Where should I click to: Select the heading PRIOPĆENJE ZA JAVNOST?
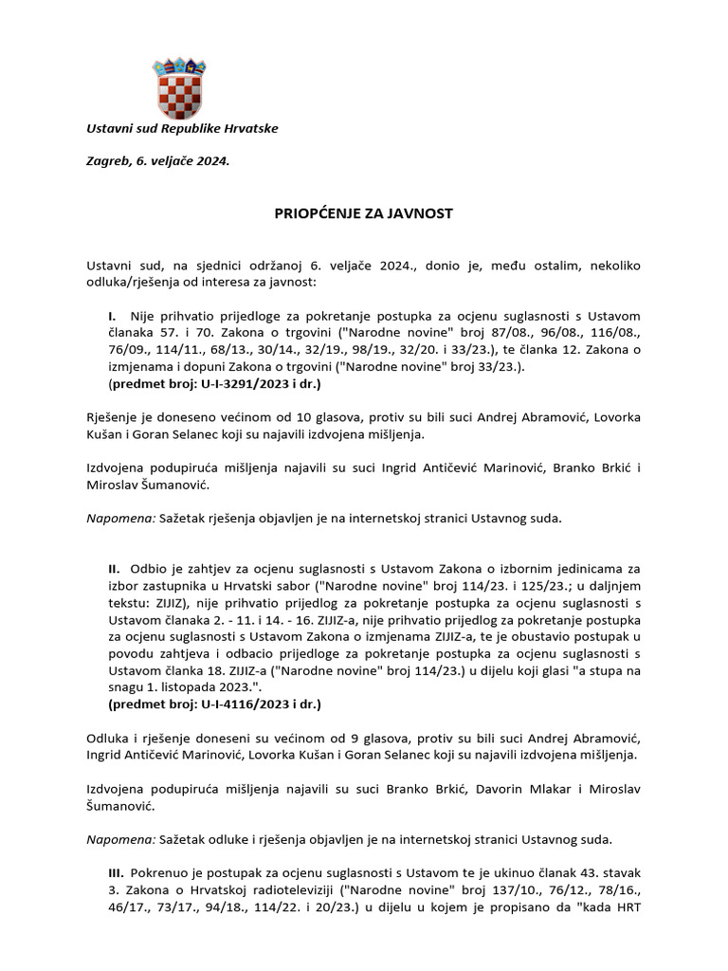coord(363,213)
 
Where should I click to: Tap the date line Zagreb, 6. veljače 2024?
coord(158,161)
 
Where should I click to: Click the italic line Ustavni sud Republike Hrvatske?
coord(182,128)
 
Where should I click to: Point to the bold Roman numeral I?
coord(112,315)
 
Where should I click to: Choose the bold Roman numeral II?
coord(114,568)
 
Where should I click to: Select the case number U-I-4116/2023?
coord(252,705)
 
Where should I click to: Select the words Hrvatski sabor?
coord(223,585)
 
